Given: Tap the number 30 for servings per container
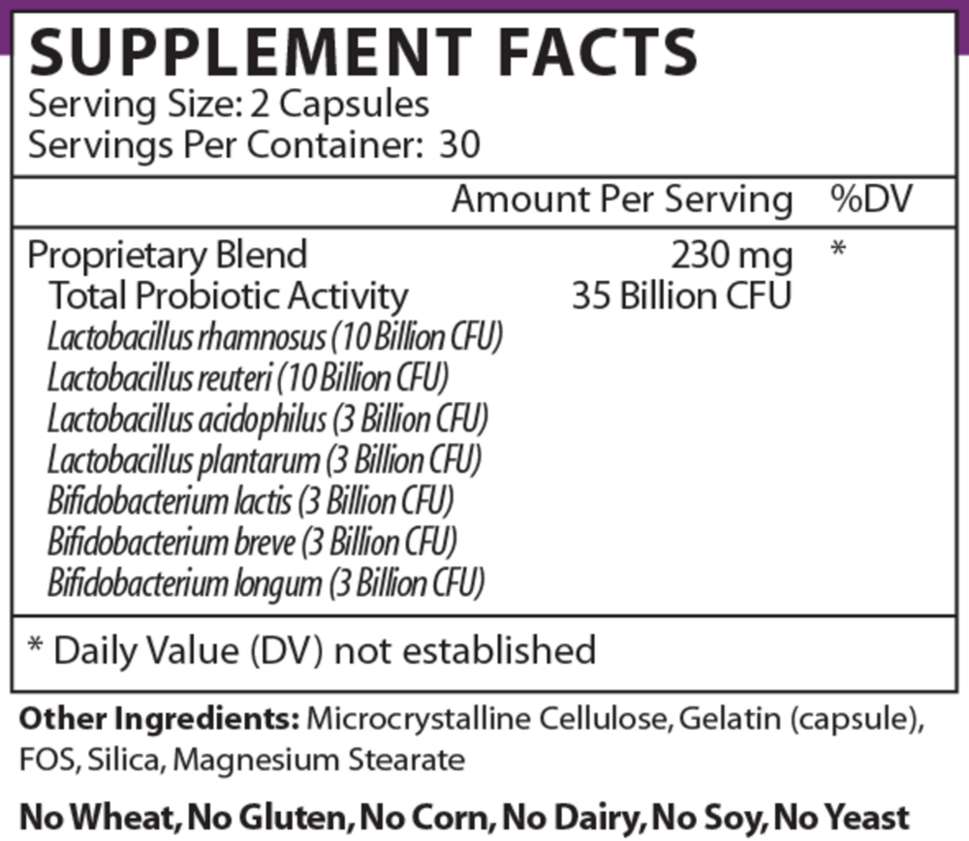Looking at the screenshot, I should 460,144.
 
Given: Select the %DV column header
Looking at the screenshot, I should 869,201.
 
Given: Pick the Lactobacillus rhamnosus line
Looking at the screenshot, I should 275,338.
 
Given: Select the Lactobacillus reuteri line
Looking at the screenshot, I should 248,379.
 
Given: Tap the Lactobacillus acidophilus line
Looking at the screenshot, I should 267,420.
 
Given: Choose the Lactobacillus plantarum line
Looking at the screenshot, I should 265,460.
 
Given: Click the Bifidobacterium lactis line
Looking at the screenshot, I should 251,501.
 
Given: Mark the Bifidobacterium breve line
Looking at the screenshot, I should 252,542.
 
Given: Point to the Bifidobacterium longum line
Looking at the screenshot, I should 266,583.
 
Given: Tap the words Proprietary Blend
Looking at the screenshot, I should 168,256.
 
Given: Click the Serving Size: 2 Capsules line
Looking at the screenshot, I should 229,104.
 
